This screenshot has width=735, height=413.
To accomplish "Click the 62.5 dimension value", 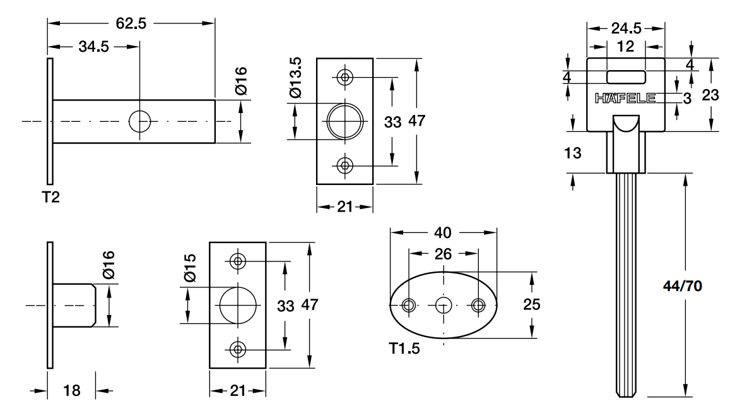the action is (131, 23).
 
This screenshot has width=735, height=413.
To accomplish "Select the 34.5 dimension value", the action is (94, 47).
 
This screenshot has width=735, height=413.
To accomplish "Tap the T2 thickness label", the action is (51, 197).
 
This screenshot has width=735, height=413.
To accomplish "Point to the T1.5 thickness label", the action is (404, 348).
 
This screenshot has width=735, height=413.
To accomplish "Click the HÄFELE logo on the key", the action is (625, 98).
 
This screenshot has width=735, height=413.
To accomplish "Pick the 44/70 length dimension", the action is (683, 286).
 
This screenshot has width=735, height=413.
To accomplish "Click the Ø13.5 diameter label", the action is (296, 78).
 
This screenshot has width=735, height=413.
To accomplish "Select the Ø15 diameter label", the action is (190, 268).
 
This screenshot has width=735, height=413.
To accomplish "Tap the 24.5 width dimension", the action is (626, 28).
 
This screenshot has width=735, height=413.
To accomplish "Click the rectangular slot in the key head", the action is (626, 76).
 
